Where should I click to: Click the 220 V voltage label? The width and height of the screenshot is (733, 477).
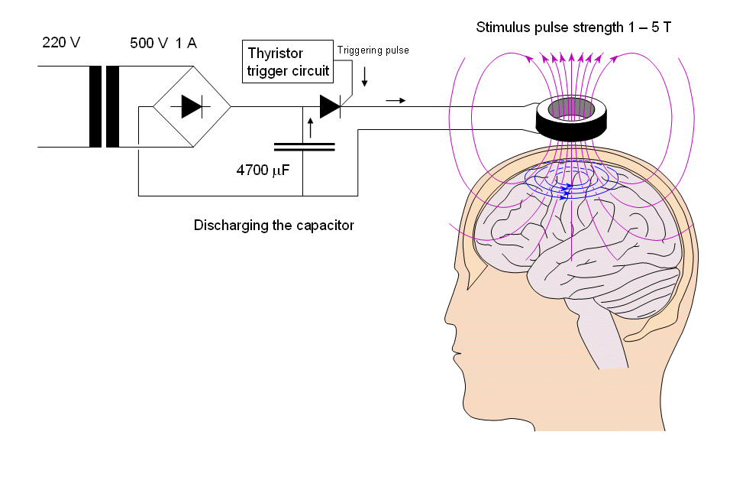[61, 44]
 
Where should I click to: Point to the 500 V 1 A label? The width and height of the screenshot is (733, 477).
[163, 44]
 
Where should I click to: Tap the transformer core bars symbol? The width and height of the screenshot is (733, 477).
[105, 106]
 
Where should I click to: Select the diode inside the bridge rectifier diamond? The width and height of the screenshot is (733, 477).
[192, 107]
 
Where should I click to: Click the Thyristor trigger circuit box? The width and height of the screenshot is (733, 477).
[288, 62]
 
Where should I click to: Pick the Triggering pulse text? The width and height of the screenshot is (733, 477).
[373, 50]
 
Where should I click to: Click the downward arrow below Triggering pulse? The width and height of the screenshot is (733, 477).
[365, 76]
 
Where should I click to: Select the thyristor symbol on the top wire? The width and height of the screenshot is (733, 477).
[330, 107]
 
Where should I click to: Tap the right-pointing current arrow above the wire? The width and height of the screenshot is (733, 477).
[396, 100]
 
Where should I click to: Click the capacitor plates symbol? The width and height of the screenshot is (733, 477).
[304, 146]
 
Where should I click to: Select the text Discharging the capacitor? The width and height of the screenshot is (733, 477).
[273, 226]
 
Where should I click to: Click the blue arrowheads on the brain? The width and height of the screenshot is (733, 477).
[567, 190]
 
